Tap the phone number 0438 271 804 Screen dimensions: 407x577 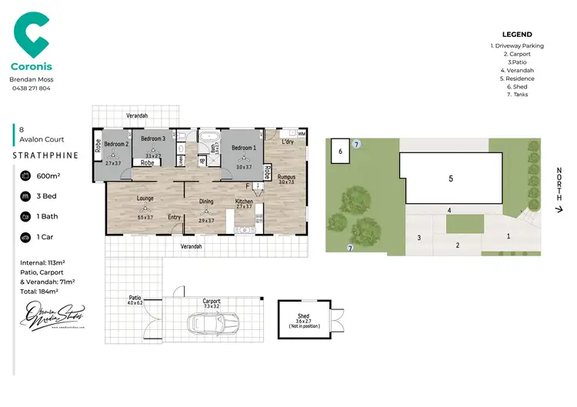point(30,88)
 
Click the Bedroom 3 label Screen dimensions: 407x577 point(154,138)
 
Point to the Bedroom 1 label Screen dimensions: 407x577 point(243,147)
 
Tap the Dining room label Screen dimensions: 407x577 point(206,202)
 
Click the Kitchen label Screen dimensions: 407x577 point(244,202)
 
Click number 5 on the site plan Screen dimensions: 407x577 point(450,178)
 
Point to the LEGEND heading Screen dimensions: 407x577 point(516,35)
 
